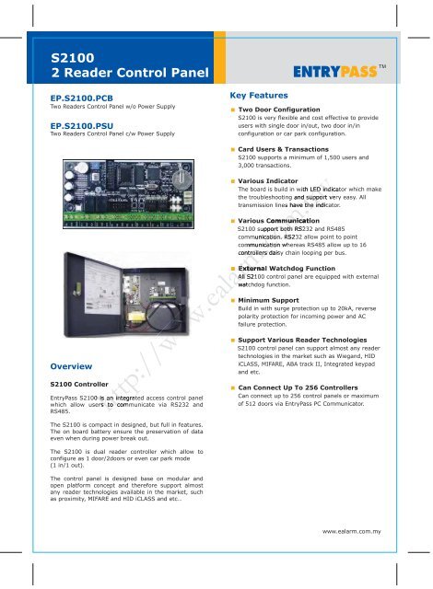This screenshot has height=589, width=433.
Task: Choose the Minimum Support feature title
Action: pos(274,300)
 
